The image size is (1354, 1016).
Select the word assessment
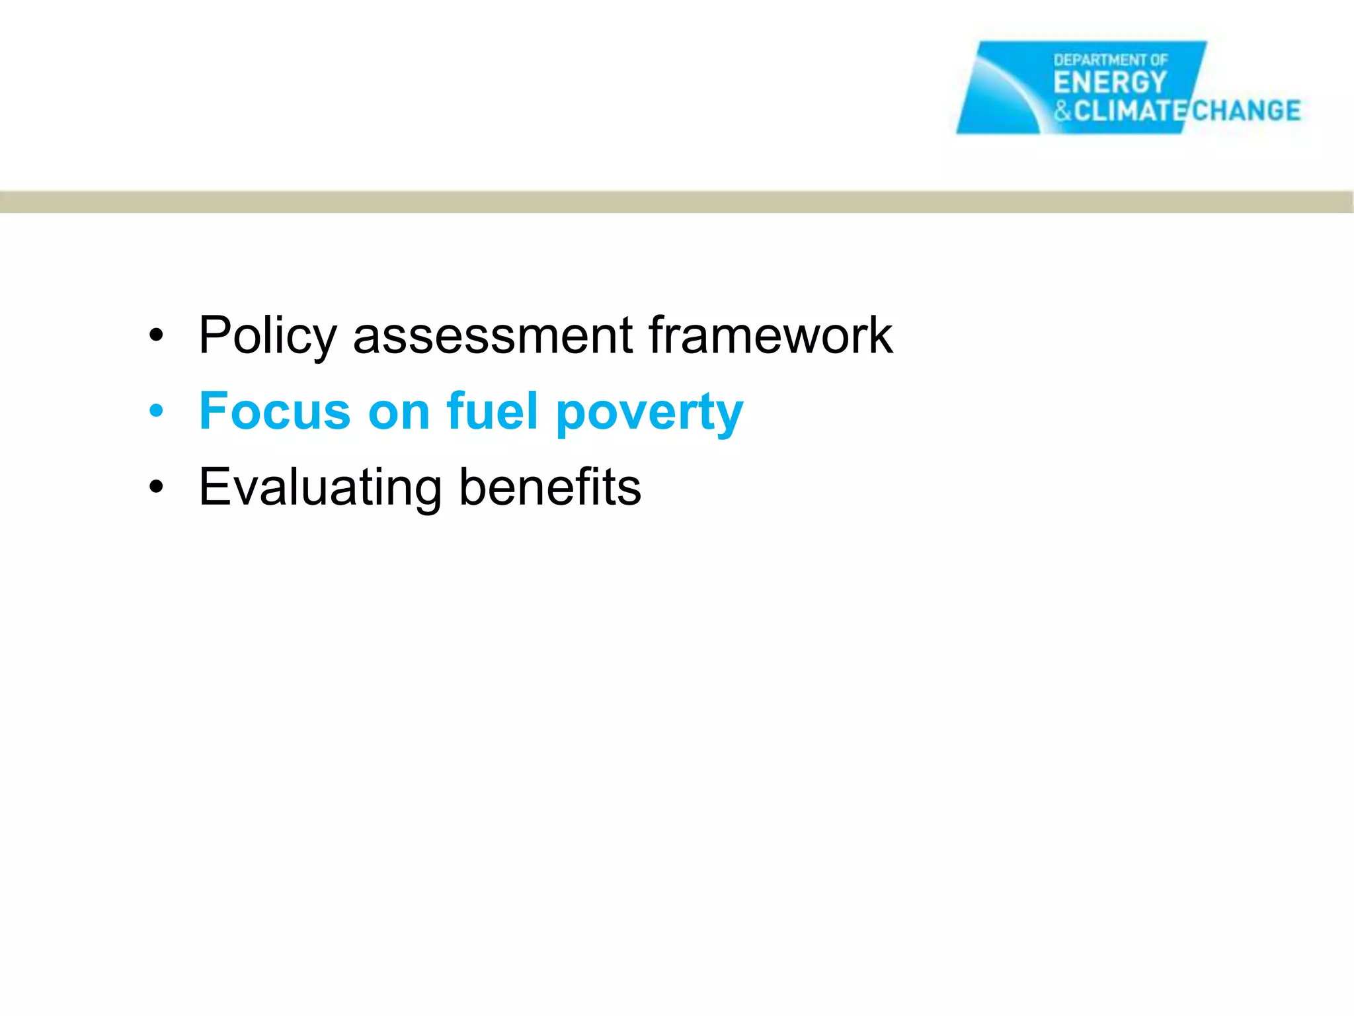click(493, 336)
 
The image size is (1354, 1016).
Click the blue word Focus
click(274, 411)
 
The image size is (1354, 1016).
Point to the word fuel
click(492, 411)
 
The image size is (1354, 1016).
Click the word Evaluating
click(320, 487)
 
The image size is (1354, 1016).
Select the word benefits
click(549, 487)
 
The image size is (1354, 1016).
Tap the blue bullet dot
click(156, 411)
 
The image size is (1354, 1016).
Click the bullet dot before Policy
click(156, 335)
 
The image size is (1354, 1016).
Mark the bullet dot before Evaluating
click(156, 487)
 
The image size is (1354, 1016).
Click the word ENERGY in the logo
click(1110, 83)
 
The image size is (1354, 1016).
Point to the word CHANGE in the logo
click(1246, 110)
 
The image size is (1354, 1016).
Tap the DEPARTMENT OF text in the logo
click(1111, 60)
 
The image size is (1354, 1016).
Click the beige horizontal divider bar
click(677, 202)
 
